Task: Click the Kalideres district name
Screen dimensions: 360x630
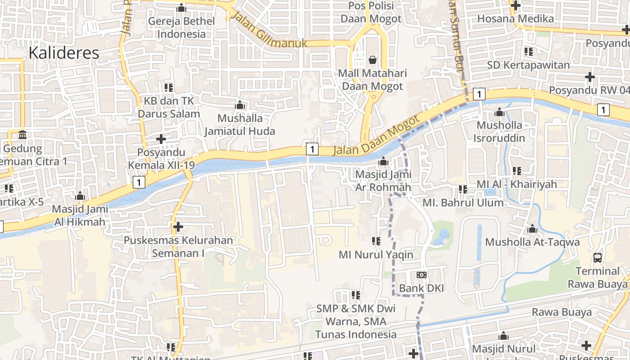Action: pyautogui.click(x=64, y=53)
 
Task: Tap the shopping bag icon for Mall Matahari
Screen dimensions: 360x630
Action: pyautogui.click(x=373, y=59)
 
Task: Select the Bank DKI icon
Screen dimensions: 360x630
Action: pyautogui.click(x=422, y=274)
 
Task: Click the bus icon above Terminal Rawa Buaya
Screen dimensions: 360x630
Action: pyautogui.click(x=598, y=258)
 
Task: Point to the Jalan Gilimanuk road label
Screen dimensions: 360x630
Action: pyautogui.click(x=269, y=30)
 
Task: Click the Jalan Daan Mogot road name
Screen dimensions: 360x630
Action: pyautogui.click(x=376, y=135)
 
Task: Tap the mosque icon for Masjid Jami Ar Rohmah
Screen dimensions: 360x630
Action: pyautogui.click(x=383, y=161)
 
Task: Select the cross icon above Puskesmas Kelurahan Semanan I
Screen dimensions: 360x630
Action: pyautogui.click(x=178, y=226)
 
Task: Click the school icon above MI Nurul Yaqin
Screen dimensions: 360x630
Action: pyautogui.click(x=376, y=241)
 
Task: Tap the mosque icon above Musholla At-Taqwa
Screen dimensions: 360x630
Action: pyautogui.click(x=532, y=229)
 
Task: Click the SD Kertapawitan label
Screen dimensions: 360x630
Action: pyautogui.click(x=528, y=65)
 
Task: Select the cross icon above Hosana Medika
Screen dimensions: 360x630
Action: pyautogui.click(x=515, y=6)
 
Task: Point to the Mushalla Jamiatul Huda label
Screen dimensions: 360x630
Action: pyautogui.click(x=240, y=125)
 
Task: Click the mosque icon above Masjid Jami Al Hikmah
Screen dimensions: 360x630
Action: pyautogui.click(x=81, y=196)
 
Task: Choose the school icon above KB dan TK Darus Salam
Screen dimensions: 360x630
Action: pyautogui.click(x=169, y=87)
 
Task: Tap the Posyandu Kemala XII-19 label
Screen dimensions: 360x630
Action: pyautogui.click(x=161, y=159)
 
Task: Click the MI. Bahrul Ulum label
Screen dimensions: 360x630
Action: pyautogui.click(x=463, y=202)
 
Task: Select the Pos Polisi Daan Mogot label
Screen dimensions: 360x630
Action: pyautogui.click(x=371, y=12)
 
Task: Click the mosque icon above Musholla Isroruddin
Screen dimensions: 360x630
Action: pyautogui.click(x=499, y=112)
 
